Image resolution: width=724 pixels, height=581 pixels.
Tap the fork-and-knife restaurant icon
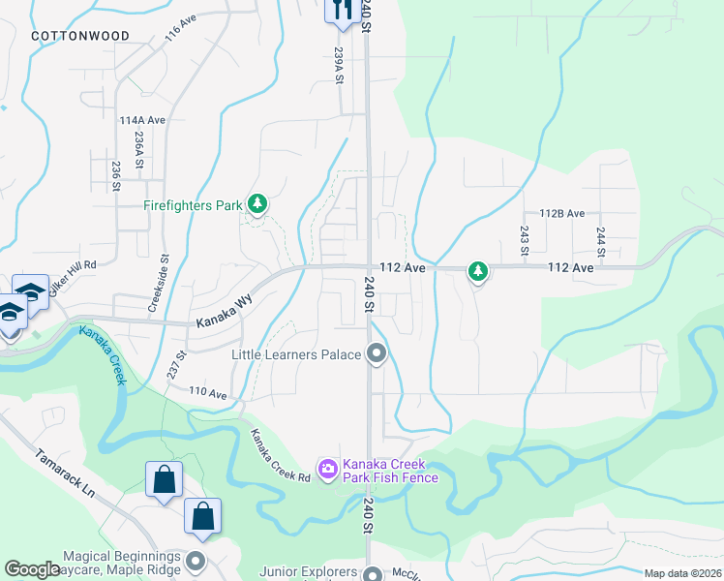click(x=342, y=10)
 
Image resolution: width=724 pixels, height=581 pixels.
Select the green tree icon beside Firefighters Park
click(x=256, y=204)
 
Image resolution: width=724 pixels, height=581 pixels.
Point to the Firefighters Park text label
click(x=192, y=205)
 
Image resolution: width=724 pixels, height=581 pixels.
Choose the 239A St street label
click(x=339, y=66)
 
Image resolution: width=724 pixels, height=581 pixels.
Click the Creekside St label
click(x=152, y=283)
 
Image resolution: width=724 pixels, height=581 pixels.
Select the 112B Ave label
click(x=561, y=213)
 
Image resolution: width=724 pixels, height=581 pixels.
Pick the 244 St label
click(x=601, y=242)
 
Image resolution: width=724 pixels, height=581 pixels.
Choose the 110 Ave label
click(x=207, y=394)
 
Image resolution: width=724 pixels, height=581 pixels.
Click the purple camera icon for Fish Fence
click(x=327, y=469)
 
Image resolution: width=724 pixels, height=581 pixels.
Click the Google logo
click(x=33, y=569)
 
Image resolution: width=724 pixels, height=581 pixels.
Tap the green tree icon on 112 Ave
click(x=477, y=272)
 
